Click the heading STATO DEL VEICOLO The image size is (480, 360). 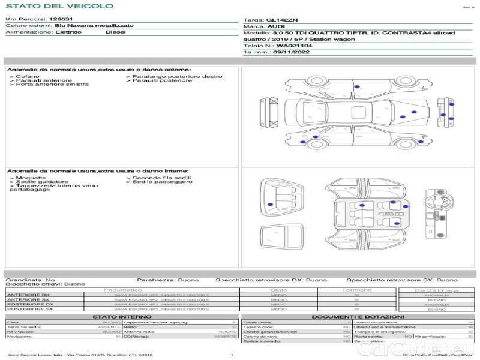[x=59, y=6]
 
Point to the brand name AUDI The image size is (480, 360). [x=276, y=27]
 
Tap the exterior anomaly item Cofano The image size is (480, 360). [x=28, y=77]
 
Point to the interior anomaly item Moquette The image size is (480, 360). [x=31, y=178]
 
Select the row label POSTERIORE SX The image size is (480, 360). [x=29, y=310]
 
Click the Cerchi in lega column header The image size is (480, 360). [x=436, y=290]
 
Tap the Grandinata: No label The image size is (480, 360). [x=30, y=280]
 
